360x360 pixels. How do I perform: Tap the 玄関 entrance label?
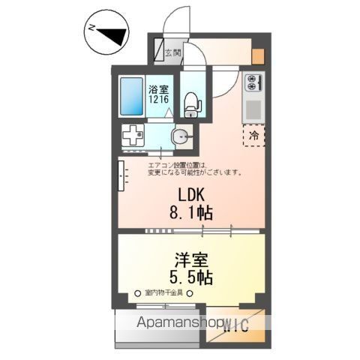click(x=172, y=53)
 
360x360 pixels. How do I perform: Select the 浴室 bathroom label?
click(x=157, y=88)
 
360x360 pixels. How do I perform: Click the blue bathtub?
click(x=131, y=96)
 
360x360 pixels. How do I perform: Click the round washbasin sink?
click(x=181, y=136)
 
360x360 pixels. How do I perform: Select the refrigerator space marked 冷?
click(x=253, y=136)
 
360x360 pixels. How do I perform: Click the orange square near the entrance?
click(x=258, y=55)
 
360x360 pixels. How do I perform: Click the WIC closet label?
click(x=235, y=323)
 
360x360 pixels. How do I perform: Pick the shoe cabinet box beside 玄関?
click(x=160, y=52)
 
